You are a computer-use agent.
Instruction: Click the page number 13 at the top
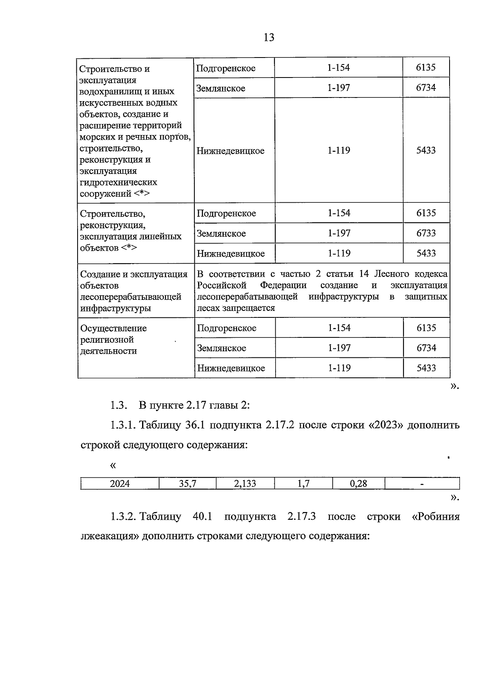click(x=269, y=38)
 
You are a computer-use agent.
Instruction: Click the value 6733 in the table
click(x=426, y=233)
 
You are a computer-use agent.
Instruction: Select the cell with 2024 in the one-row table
click(x=120, y=484)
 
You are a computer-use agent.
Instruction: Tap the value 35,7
click(x=187, y=484)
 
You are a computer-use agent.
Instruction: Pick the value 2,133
click(x=245, y=484)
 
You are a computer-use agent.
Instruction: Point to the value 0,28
click(x=359, y=484)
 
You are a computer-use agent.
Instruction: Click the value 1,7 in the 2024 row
click(x=303, y=484)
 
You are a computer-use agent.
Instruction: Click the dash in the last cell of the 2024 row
click(x=422, y=484)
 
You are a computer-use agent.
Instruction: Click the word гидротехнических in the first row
click(x=118, y=182)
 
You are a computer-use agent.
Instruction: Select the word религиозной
click(x=107, y=339)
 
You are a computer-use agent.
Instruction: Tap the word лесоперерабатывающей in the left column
click(x=131, y=297)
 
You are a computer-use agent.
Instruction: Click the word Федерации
click(x=283, y=285)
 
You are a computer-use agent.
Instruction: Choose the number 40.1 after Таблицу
click(x=202, y=517)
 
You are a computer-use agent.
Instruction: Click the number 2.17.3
click(x=301, y=517)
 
